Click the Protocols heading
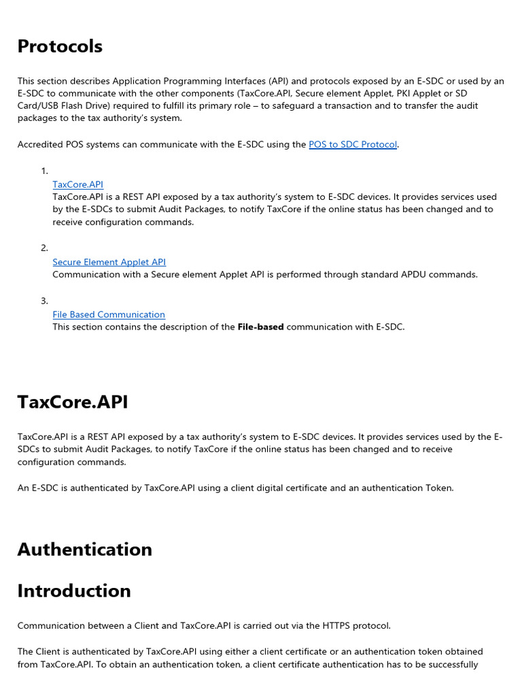[x=60, y=46]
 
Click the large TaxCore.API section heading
[x=73, y=402]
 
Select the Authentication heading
[x=84, y=549]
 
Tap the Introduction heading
[x=74, y=591]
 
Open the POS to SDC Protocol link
[x=353, y=145]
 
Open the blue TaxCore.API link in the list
[x=77, y=184]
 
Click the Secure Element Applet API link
[x=109, y=262]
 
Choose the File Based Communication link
[x=109, y=315]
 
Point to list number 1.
[x=44, y=171]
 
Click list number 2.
[x=44, y=249]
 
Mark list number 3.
[x=44, y=301]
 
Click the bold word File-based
[x=260, y=327]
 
